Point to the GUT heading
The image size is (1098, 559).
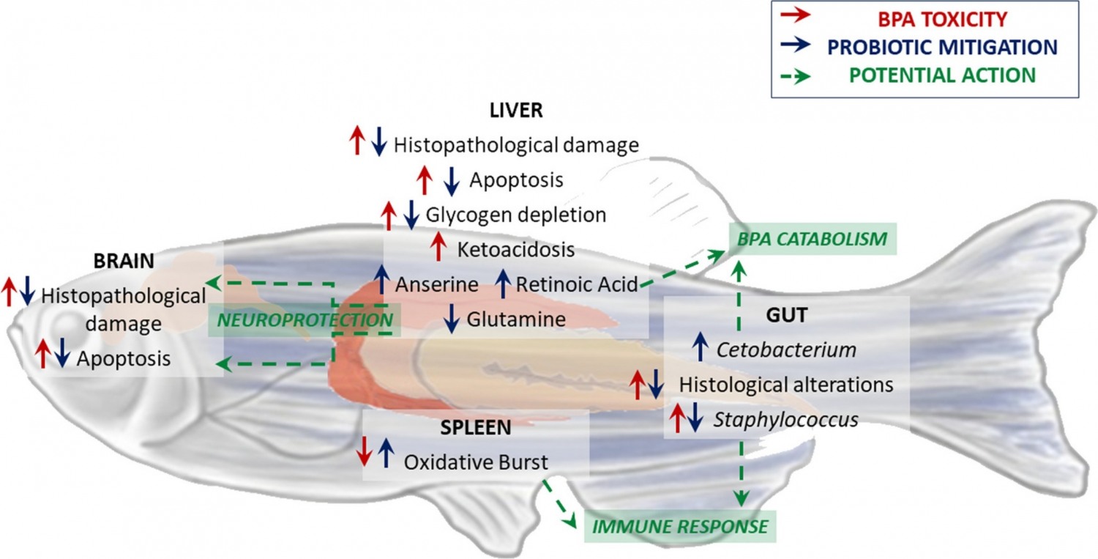(x=787, y=316)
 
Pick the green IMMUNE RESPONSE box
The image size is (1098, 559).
(x=679, y=526)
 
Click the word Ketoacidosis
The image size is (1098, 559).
(x=515, y=249)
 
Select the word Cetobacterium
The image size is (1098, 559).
(x=786, y=349)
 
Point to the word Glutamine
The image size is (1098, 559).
(x=516, y=319)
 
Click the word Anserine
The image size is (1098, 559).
(x=436, y=284)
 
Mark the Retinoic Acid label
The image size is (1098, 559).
(x=578, y=284)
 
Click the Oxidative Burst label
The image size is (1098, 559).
(x=476, y=462)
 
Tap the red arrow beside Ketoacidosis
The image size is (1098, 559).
(x=438, y=246)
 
